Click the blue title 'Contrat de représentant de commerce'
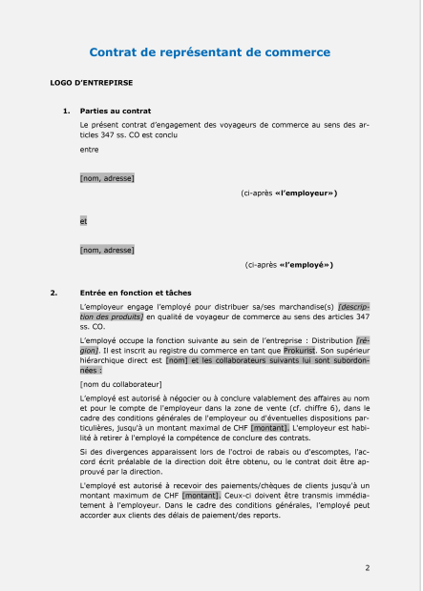pyautogui.click(x=211, y=52)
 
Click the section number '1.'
pyautogui.click(x=66, y=112)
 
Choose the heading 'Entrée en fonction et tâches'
pyautogui.click(x=136, y=292)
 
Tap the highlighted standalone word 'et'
pyautogui.click(x=84, y=221)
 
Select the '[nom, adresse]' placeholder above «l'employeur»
pyautogui.click(x=107, y=177)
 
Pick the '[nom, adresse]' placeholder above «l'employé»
pyautogui.click(x=107, y=250)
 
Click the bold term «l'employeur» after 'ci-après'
pyautogui.click(x=305, y=194)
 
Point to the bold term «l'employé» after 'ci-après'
pyautogui.click(x=306, y=265)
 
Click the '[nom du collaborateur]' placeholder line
pyautogui.click(x=120, y=383)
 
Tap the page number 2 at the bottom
pyautogui.click(x=368, y=567)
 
